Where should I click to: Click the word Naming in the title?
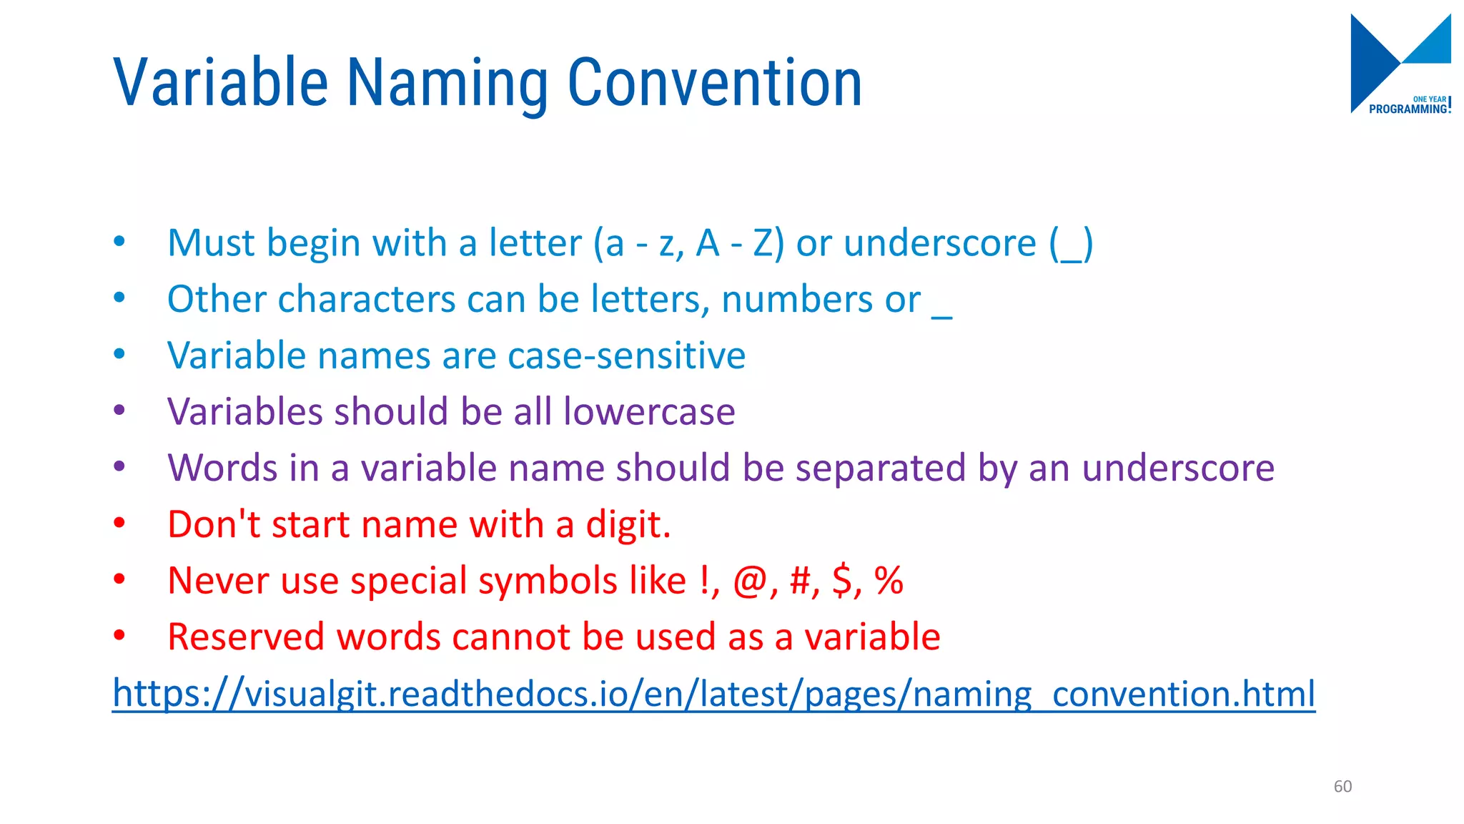click(x=447, y=84)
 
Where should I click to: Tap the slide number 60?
click(x=1342, y=786)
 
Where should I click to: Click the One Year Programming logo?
click(x=1400, y=64)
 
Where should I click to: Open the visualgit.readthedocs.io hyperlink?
click(x=713, y=693)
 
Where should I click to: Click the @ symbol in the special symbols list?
click(x=750, y=581)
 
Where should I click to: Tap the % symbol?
click(x=889, y=580)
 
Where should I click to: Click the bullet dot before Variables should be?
click(x=119, y=411)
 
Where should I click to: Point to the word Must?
click(x=210, y=243)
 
